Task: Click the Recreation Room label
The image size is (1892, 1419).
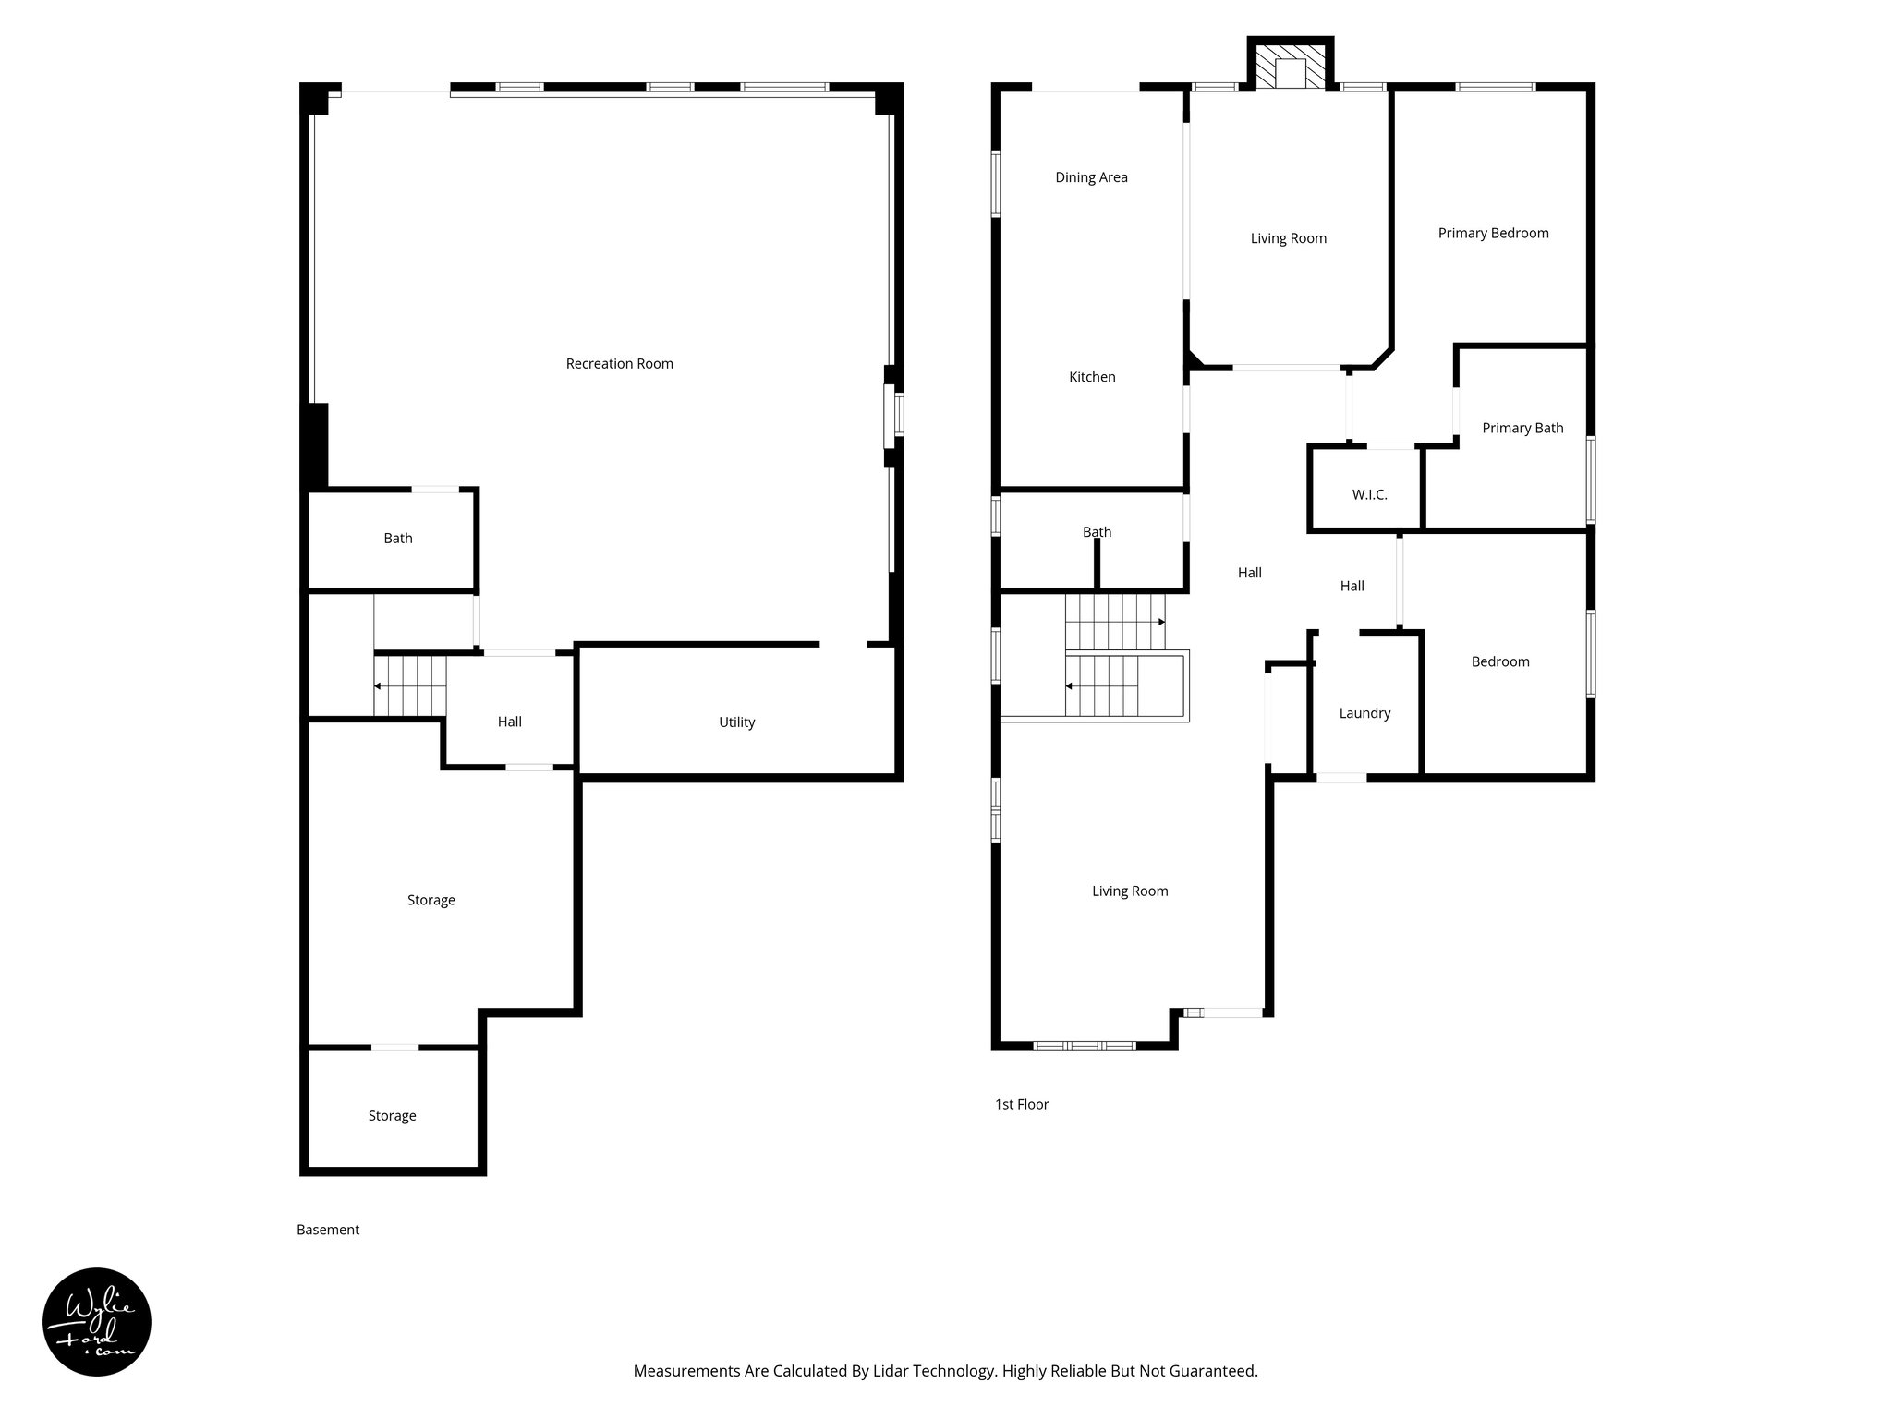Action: click(x=619, y=364)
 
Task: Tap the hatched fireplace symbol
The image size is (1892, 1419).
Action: click(x=1291, y=65)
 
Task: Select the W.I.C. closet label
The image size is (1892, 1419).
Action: click(x=1369, y=495)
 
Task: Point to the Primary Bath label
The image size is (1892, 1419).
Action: click(x=1522, y=428)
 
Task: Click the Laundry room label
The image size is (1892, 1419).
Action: click(x=1364, y=713)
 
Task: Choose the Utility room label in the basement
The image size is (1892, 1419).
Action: click(x=736, y=722)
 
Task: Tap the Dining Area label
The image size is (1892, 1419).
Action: click(x=1091, y=177)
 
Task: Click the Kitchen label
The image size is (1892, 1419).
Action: click(x=1092, y=377)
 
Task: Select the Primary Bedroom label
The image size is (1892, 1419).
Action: click(x=1493, y=233)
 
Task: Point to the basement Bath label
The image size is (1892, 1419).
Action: click(x=398, y=539)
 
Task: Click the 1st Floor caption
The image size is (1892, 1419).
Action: click(x=1022, y=1104)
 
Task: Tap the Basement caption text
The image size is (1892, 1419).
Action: click(x=328, y=1230)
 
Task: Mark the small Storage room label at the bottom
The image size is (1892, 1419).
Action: click(x=392, y=1116)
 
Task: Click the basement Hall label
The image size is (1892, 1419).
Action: click(x=509, y=722)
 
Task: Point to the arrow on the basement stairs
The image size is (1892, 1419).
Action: click(x=379, y=686)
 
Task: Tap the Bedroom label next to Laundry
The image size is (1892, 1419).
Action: click(x=1499, y=661)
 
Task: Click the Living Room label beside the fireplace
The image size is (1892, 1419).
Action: click(x=1288, y=238)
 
